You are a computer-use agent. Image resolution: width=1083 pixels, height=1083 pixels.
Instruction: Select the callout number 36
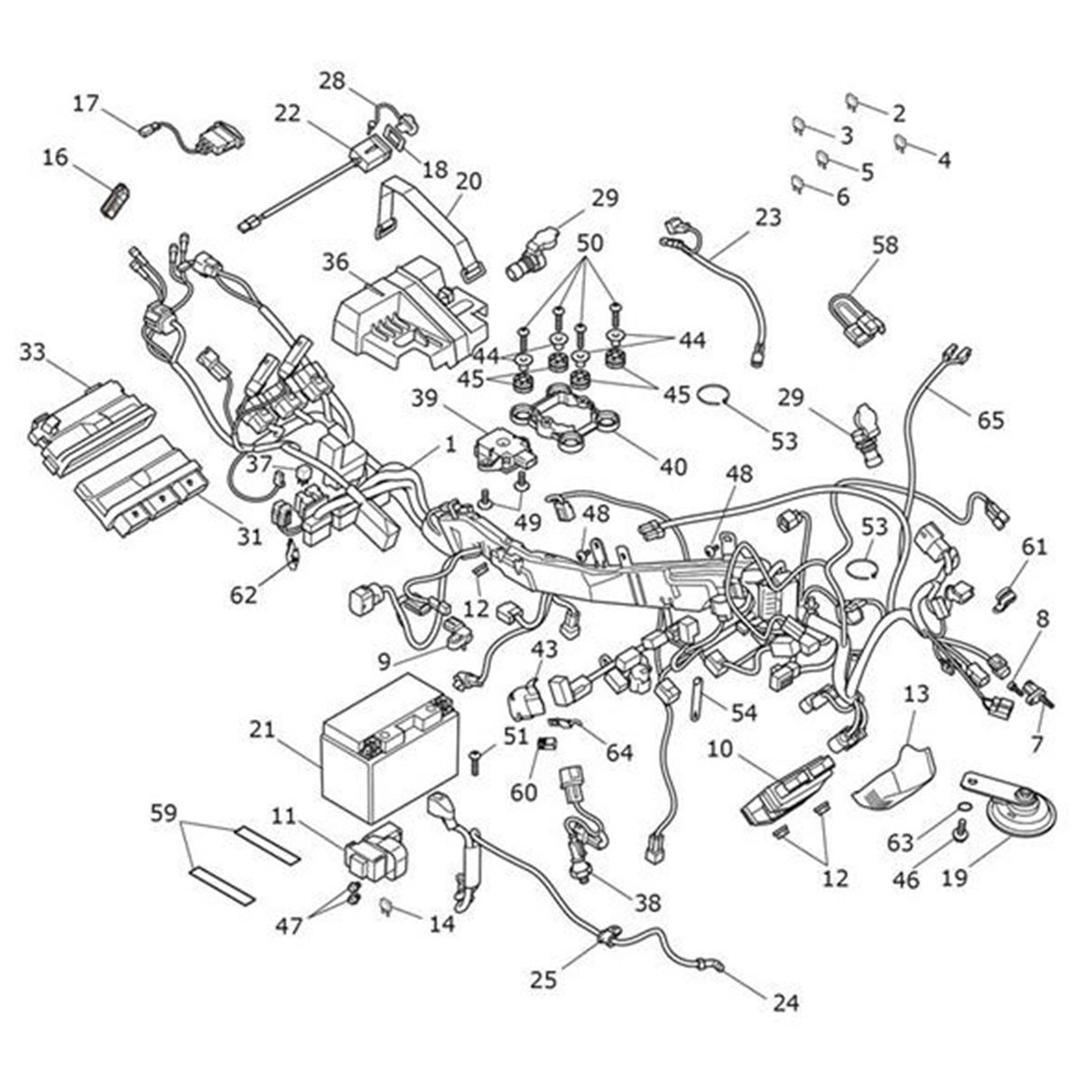tap(335, 262)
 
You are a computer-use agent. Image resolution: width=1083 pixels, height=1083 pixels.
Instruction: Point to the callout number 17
tap(86, 105)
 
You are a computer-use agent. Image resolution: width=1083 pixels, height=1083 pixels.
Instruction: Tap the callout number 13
tap(915, 694)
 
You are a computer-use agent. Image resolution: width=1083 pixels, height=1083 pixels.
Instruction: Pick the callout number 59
tap(163, 813)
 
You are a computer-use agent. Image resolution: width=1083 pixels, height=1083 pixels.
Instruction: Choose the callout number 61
tap(1034, 546)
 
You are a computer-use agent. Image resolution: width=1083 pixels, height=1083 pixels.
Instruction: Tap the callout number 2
tap(897, 114)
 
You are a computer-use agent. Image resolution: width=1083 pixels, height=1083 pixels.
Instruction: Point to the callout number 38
tap(648, 902)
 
